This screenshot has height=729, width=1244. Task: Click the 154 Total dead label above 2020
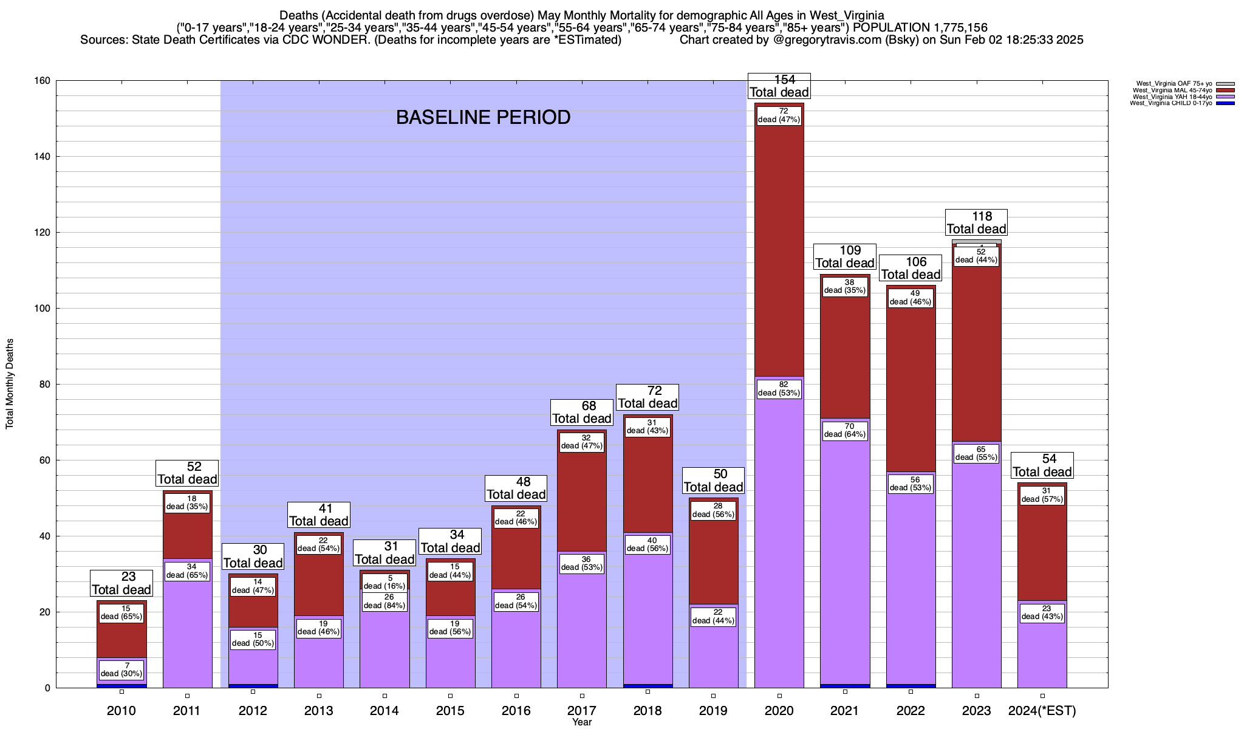pos(779,86)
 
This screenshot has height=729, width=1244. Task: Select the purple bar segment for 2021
pos(845,547)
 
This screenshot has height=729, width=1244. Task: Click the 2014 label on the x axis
pos(384,711)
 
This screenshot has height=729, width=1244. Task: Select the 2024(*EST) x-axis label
pos(1042,711)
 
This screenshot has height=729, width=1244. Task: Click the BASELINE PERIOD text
pos(483,117)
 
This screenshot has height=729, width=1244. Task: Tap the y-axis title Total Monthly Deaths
pos(10,384)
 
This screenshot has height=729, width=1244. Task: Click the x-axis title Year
pos(581,722)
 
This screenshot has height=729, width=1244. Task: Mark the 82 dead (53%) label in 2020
pos(779,389)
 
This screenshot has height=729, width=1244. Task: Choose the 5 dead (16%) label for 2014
pos(384,582)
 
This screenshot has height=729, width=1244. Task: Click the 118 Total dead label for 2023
pos(977,223)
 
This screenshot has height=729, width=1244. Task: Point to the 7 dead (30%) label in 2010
pos(121,669)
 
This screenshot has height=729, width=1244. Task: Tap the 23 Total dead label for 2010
pos(121,583)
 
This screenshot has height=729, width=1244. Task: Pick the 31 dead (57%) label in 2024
pos(1042,495)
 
